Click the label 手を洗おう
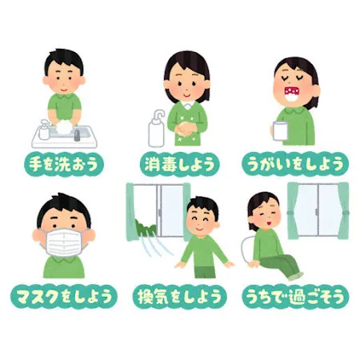click(62, 164)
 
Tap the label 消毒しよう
click(180, 164)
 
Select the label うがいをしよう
click(296, 164)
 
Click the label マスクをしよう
click(62, 297)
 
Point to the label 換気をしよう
click(180, 297)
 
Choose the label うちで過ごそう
click(296, 297)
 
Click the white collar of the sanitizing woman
click(185, 104)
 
